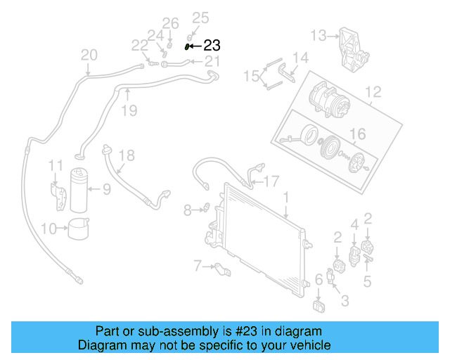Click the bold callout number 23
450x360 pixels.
pos(212,46)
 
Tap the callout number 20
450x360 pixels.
pos(89,55)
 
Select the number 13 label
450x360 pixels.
pos(319,34)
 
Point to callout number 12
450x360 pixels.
pos(373,91)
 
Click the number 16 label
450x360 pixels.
pos(358,134)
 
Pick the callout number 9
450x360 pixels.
pos(106,188)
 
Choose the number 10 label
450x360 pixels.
pos(49,228)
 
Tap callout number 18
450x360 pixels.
pos(126,155)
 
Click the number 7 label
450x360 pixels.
pos(198,265)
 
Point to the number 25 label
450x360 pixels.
pos(200,18)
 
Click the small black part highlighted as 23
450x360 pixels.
pos(188,47)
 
